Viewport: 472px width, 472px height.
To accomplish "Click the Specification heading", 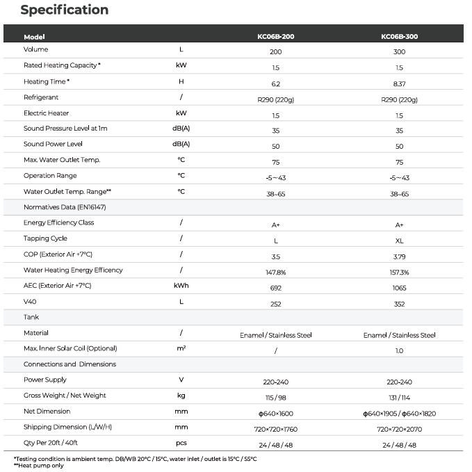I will click(x=64, y=10).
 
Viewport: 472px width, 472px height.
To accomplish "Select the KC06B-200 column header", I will click(x=276, y=37).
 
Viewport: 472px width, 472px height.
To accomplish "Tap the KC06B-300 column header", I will click(x=399, y=37).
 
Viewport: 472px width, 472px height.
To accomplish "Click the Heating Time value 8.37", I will click(x=399, y=83).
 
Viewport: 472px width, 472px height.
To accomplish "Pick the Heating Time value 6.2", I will click(x=276, y=83).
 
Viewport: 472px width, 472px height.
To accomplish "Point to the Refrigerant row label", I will click(x=41, y=97).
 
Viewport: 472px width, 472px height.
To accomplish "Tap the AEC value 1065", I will click(x=399, y=288).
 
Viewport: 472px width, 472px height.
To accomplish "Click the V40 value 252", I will click(x=276, y=304).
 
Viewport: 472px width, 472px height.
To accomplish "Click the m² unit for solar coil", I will click(x=181, y=348).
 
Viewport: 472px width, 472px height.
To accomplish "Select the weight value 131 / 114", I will click(x=399, y=398).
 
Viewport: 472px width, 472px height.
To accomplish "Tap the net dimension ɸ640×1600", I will click(x=276, y=414).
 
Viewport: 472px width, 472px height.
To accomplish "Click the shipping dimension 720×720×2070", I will click(x=399, y=430).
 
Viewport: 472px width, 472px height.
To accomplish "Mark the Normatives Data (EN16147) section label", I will click(x=65, y=207).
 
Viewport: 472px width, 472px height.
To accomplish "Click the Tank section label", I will click(x=31, y=317).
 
